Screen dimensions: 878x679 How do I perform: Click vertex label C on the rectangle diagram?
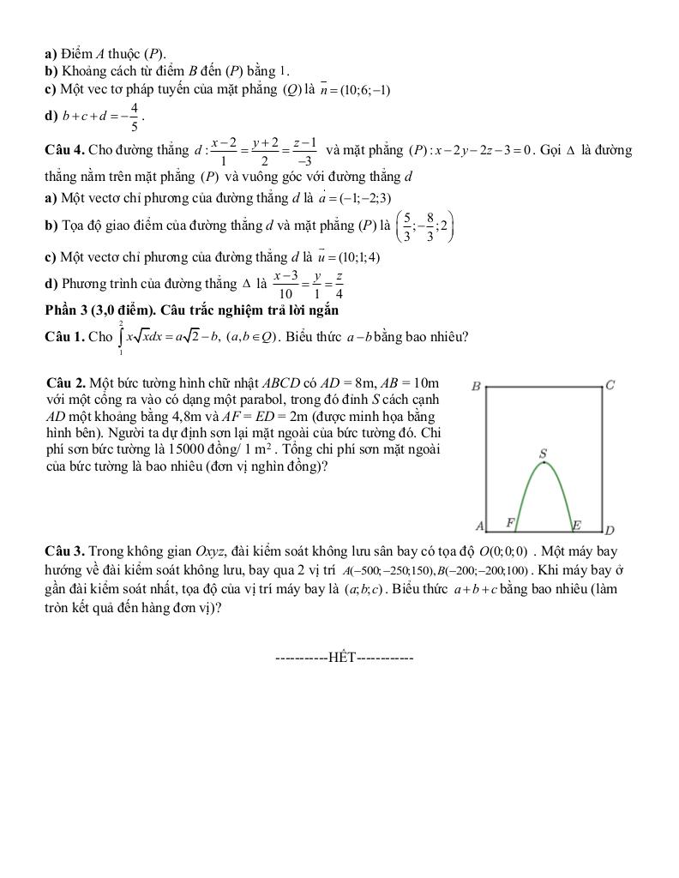coord(610,385)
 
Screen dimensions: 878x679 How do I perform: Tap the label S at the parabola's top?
coord(543,453)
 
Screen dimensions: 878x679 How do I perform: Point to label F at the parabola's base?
coord(510,522)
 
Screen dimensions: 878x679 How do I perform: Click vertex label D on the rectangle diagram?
coord(610,530)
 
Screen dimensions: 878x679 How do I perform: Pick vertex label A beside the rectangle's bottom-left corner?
coord(480,525)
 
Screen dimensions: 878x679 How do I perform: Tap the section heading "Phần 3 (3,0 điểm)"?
coord(95,310)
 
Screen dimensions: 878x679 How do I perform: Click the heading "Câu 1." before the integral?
coord(64,337)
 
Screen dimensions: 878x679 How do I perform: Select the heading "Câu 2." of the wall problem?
coord(68,382)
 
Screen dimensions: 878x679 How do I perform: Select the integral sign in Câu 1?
coord(122,337)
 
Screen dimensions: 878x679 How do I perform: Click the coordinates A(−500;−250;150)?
coord(388,570)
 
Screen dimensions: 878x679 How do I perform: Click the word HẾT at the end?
coord(342,658)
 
